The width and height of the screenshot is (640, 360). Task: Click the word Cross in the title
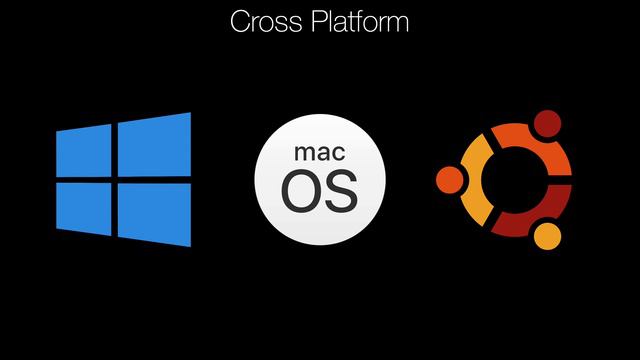(x=262, y=21)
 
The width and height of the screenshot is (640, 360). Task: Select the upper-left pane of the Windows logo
(x=85, y=153)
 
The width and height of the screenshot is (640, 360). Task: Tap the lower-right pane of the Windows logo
(x=154, y=214)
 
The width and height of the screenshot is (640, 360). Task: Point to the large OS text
(x=319, y=192)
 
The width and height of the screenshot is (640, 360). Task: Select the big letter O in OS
(x=300, y=192)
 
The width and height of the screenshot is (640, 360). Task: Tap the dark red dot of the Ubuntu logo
(x=546, y=124)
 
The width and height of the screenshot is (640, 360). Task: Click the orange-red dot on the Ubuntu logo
(x=450, y=180)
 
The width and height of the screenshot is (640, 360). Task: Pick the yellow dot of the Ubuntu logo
(x=546, y=236)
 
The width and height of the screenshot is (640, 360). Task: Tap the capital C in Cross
(x=239, y=21)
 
